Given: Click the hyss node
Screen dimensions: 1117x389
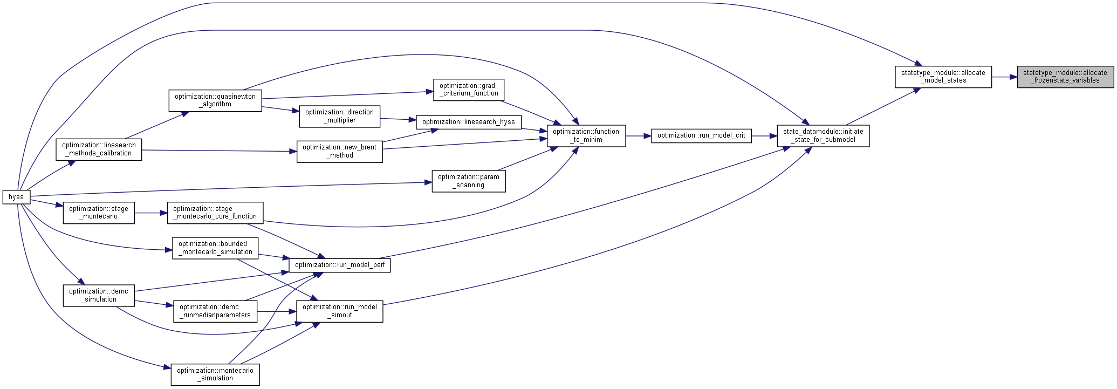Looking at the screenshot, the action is pos(16,197).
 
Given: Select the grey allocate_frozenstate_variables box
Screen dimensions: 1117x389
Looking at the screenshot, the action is pos(1065,77).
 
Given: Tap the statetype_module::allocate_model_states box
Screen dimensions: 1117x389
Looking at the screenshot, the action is pos(943,77).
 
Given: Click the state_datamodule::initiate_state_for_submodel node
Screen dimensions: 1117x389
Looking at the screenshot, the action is pos(823,135).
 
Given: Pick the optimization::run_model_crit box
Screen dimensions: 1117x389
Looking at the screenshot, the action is pos(701,135).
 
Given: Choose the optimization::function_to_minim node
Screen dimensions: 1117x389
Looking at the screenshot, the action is pos(586,135).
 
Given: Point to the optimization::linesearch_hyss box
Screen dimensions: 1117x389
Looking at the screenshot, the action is pos(469,122).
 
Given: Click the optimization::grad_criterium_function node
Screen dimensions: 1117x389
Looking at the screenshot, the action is pos(469,90).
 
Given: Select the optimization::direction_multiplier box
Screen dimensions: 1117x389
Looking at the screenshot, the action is pos(340,116).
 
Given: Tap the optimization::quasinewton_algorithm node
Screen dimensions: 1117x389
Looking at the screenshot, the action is pos(215,100).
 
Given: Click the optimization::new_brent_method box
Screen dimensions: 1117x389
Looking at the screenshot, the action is pos(340,151).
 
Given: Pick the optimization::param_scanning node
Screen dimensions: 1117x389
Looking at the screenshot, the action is pos(469,181).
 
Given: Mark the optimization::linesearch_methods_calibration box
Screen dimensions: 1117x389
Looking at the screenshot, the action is pos(99,149).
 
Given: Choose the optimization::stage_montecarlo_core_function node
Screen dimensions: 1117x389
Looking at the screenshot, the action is pos(215,213).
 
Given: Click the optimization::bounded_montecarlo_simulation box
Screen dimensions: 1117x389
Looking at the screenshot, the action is pos(215,248).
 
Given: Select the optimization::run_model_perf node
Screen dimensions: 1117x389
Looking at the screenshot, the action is pos(340,265).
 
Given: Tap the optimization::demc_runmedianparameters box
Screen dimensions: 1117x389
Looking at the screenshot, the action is pos(215,311).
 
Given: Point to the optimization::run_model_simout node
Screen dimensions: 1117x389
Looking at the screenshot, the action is pos(340,311).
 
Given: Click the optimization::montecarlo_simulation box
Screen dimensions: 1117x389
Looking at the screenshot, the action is pos(215,374).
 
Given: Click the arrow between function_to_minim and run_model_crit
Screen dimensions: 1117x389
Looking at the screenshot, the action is pos(639,136).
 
